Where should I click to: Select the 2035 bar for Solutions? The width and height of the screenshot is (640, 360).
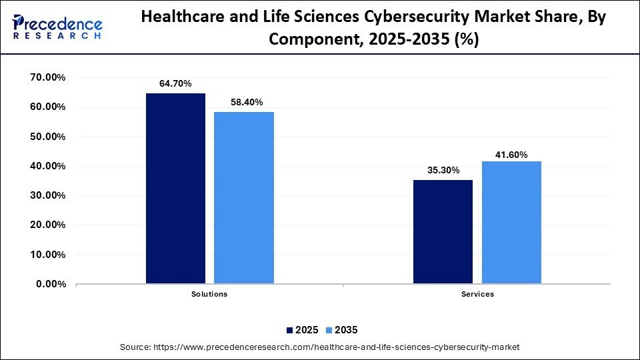point(244,198)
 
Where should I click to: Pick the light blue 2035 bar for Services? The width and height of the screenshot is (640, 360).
point(511,223)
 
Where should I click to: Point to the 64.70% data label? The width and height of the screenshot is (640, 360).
point(175,84)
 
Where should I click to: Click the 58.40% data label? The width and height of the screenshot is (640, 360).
point(244,103)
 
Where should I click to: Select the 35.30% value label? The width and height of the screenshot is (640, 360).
point(443,171)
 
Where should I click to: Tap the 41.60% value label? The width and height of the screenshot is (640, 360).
point(511,155)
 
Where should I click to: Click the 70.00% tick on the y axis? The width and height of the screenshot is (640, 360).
point(47,78)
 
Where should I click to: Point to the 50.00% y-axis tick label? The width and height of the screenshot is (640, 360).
point(47,137)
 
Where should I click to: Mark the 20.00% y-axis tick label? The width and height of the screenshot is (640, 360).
point(47,225)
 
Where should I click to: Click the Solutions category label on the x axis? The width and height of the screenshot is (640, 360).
point(209,294)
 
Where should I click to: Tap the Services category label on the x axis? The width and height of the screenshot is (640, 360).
point(477,294)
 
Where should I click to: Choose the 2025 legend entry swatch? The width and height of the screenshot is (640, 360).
point(290,330)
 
